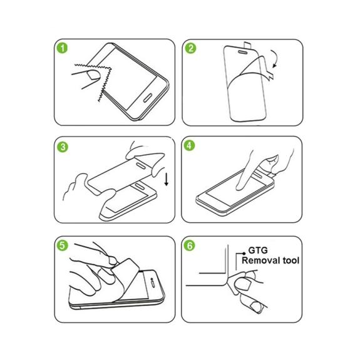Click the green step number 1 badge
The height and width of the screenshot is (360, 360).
click(x=63, y=48)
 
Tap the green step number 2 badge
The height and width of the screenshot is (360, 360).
click(x=190, y=48)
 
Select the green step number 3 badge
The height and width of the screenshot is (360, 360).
click(x=63, y=147)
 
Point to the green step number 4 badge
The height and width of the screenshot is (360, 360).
click(x=189, y=145)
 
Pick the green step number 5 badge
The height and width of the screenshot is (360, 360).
click(x=63, y=245)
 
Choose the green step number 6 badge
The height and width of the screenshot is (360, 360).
click(x=190, y=245)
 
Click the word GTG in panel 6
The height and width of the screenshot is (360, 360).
click(x=258, y=250)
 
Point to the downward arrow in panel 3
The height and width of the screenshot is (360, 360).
click(x=167, y=180)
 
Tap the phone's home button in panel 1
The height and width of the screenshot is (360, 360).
click(x=148, y=98)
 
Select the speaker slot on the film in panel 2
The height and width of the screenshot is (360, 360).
click(x=243, y=53)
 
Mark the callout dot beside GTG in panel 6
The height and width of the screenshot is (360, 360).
click(x=244, y=254)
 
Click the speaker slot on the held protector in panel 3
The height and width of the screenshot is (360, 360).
click(x=140, y=166)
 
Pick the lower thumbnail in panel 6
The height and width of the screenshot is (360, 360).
click(x=256, y=307)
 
